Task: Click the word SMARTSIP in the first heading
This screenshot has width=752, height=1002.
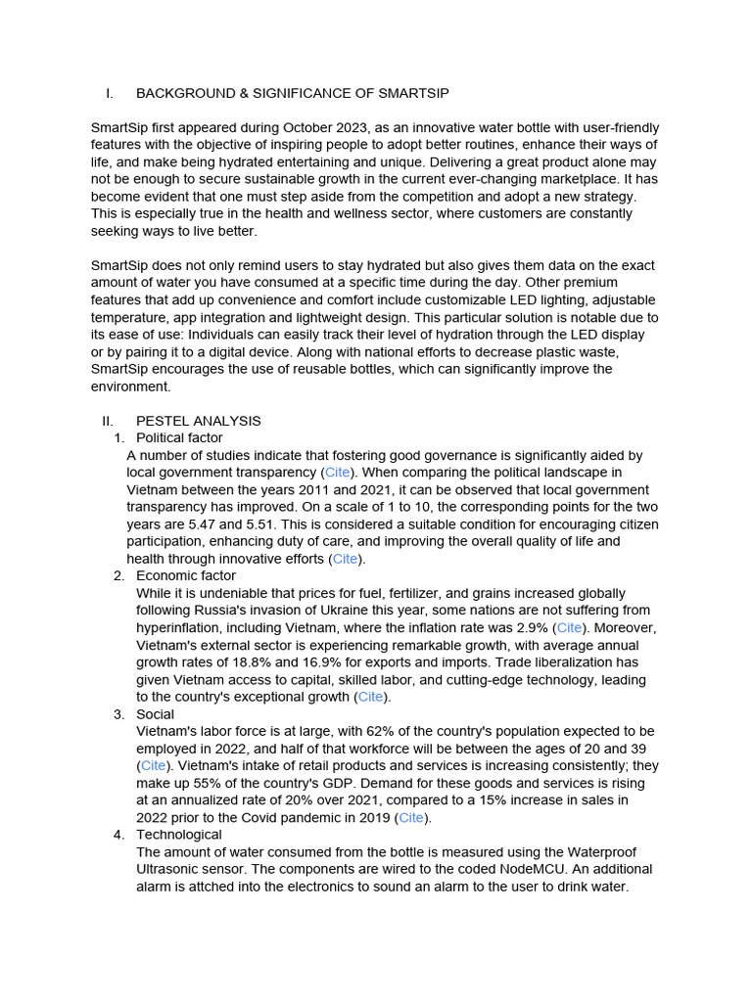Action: tap(412, 93)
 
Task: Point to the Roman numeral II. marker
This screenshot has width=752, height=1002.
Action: tap(108, 421)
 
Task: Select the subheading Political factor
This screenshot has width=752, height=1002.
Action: tap(179, 438)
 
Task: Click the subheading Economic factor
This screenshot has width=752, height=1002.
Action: tap(186, 576)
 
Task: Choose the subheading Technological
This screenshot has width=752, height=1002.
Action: tap(179, 835)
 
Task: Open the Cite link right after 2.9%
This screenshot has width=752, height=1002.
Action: tap(569, 628)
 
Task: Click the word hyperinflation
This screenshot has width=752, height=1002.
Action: tap(180, 628)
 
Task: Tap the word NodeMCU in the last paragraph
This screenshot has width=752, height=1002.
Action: tap(552, 869)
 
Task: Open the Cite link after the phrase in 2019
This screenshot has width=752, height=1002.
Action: tap(411, 818)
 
